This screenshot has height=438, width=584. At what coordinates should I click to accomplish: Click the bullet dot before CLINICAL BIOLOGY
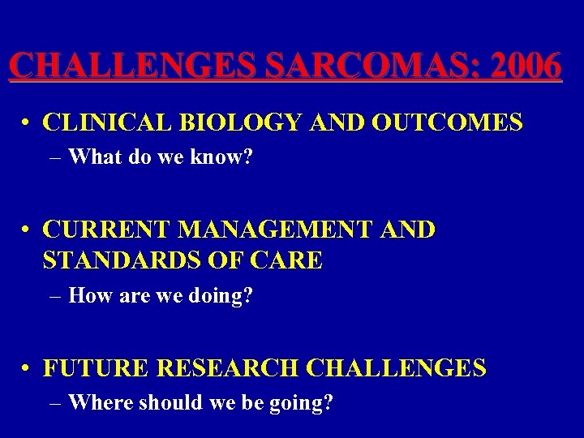28,124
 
